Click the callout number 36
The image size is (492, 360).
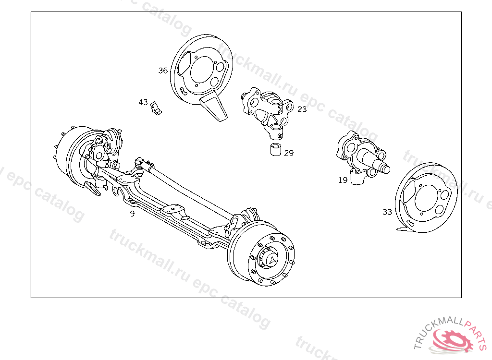163,71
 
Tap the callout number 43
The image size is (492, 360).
143,102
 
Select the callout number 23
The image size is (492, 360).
302,109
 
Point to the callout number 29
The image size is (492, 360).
289,153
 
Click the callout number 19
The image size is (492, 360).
343,180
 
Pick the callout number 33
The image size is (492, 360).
387,212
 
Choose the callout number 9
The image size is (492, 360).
133,214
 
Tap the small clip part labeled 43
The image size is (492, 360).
156,108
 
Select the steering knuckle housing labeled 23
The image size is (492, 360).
267,113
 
